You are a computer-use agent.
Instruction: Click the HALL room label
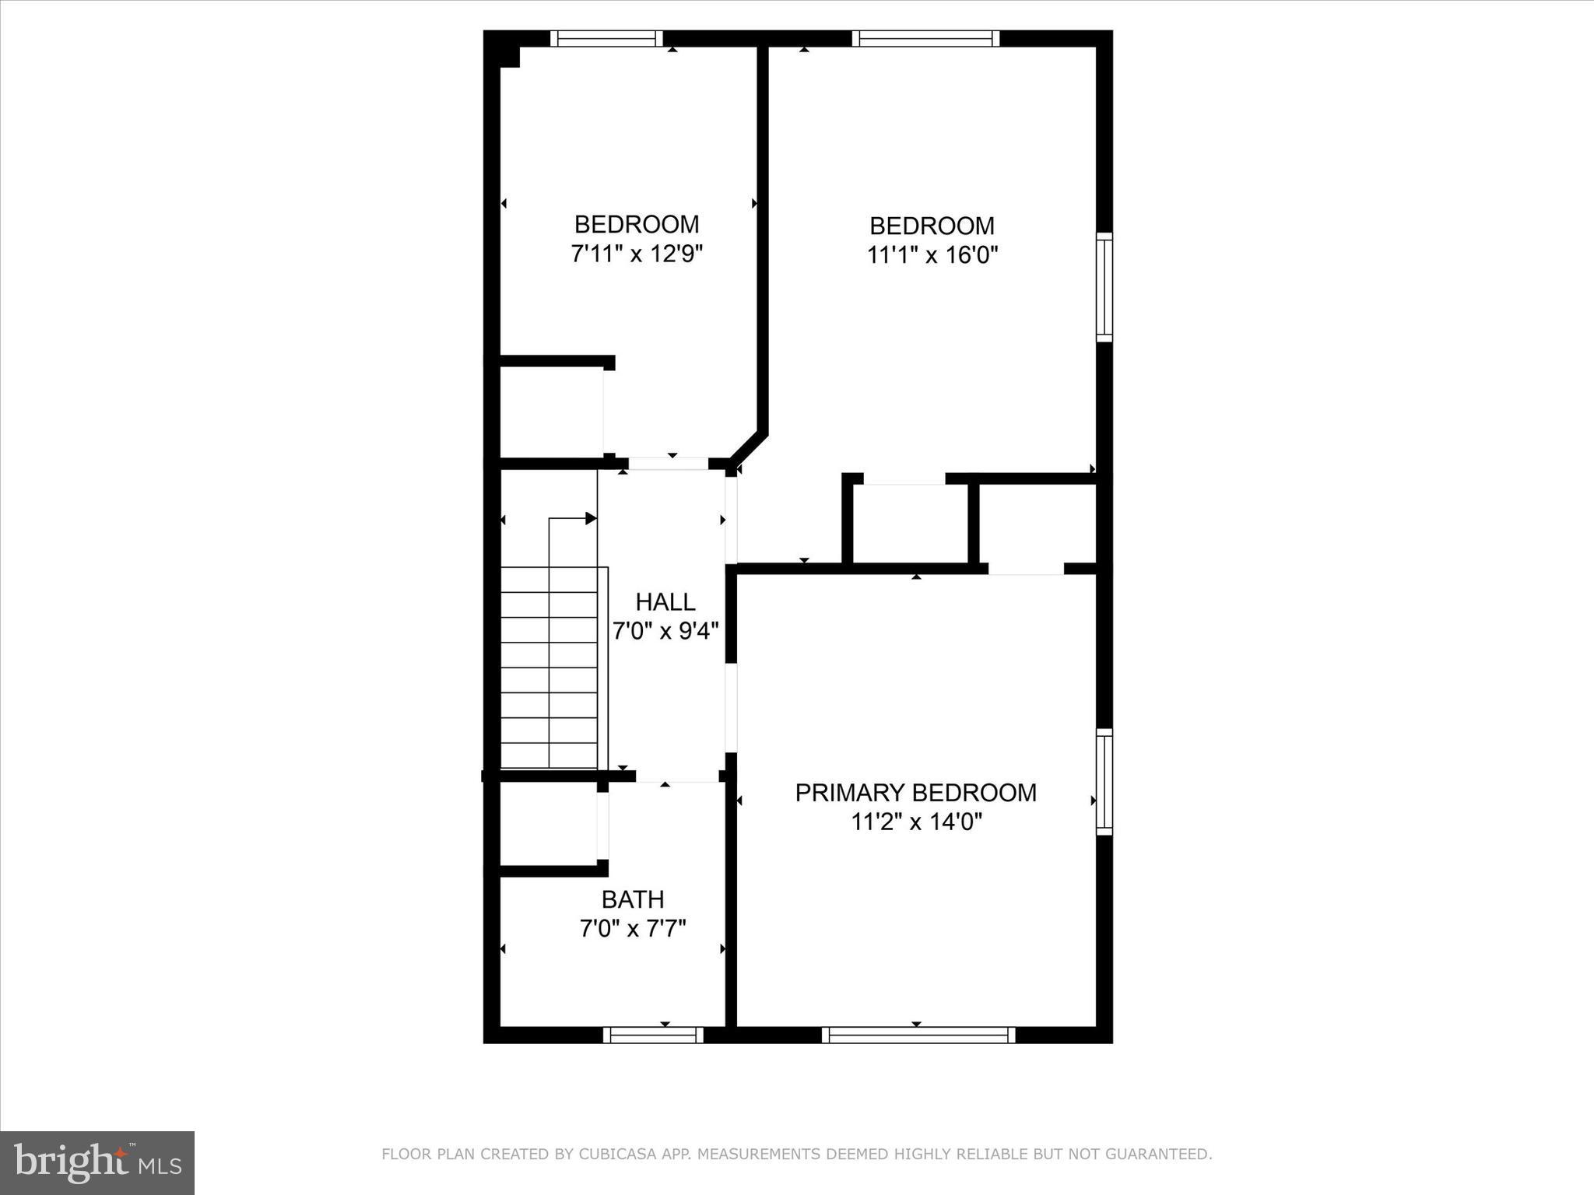(665, 601)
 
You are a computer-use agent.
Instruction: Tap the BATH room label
(633, 899)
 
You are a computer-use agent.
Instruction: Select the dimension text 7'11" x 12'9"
(637, 254)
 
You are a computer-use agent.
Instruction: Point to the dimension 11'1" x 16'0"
(932, 255)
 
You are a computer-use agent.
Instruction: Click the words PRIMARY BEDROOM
(915, 793)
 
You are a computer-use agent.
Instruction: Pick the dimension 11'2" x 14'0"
(916, 822)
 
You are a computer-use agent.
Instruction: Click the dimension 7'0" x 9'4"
(665, 630)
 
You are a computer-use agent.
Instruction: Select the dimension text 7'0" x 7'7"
(633, 928)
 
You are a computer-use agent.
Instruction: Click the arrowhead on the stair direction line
(592, 518)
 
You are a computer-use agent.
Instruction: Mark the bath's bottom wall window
(653, 1035)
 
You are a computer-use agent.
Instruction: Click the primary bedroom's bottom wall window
(918, 1035)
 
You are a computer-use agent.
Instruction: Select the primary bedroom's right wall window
(1104, 782)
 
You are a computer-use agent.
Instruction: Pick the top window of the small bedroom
(606, 38)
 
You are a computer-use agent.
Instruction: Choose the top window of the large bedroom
(925, 38)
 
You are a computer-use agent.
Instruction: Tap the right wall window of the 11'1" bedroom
(1104, 287)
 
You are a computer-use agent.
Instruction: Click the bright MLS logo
(97, 1162)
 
